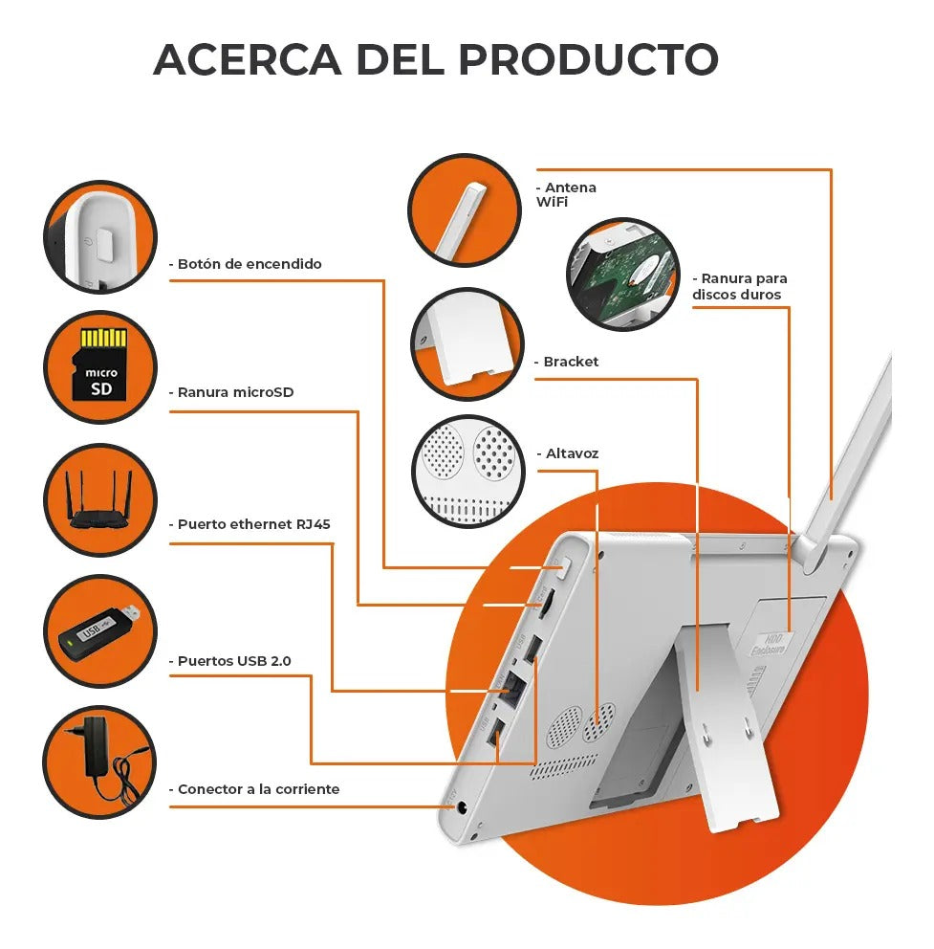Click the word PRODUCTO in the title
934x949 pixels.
click(588, 59)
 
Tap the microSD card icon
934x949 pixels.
click(100, 364)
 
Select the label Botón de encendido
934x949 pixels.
click(246, 264)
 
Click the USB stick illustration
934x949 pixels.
click(99, 631)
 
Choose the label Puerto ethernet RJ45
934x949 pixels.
click(250, 524)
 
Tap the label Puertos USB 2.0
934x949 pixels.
click(230, 661)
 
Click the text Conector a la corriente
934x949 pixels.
click(254, 789)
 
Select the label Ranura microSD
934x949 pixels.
click(231, 392)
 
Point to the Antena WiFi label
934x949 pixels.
click(566, 195)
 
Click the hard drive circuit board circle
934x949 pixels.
click(623, 274)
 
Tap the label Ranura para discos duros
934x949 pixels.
click(740, 287)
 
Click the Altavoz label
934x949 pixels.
click(568, 453)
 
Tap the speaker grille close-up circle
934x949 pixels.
click(467, 471)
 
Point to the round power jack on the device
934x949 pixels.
click(462, 808)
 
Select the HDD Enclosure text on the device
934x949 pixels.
click(770, 645)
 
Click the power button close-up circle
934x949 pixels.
click(100, 236)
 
